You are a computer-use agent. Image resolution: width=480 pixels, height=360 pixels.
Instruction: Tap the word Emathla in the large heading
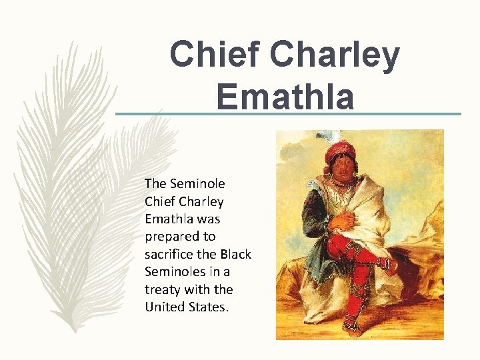point(285,95)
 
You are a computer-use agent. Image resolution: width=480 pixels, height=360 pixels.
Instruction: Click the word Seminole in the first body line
point(198,183)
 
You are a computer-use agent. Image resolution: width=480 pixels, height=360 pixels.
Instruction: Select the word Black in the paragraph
point(235,254)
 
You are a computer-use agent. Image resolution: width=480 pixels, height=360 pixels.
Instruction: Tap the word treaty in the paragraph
point(163,289)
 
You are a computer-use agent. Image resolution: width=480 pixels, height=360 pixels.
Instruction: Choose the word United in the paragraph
point(163,307)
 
